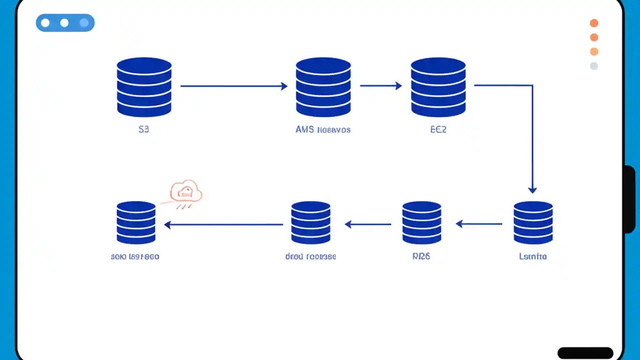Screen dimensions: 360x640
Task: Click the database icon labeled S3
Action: pos(144,87)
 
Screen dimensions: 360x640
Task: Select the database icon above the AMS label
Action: pos(323,87)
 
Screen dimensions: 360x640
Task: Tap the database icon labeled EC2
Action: pos(438,87)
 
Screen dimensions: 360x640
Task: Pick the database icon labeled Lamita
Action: pos(533,222)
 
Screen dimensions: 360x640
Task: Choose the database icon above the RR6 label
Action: pos(421,222)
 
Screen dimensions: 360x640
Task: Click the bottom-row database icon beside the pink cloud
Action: pos(136,222)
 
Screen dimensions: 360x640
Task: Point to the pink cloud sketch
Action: pos(185,192)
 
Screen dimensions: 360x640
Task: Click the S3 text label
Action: pos(143,129)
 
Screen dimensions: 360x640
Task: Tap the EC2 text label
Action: pos(438,129)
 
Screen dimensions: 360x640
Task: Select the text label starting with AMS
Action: pos(323,129)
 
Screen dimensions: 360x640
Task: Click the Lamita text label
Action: pos(533,256)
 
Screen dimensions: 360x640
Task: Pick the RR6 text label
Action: pos(421,256)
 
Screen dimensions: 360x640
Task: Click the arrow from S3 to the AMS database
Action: pos(233,86)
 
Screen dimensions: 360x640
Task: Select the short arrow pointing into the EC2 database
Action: pos(381,86)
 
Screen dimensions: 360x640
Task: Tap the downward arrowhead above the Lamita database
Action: pos(532,189)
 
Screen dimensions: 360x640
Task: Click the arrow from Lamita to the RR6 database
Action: pos(479,224)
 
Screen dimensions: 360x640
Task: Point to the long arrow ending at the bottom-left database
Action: pos(223,225)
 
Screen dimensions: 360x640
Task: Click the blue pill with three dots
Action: pos(65,23)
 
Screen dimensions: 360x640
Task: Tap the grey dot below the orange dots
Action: pos(594,66)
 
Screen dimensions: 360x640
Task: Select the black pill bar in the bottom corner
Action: pos(585,352)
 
